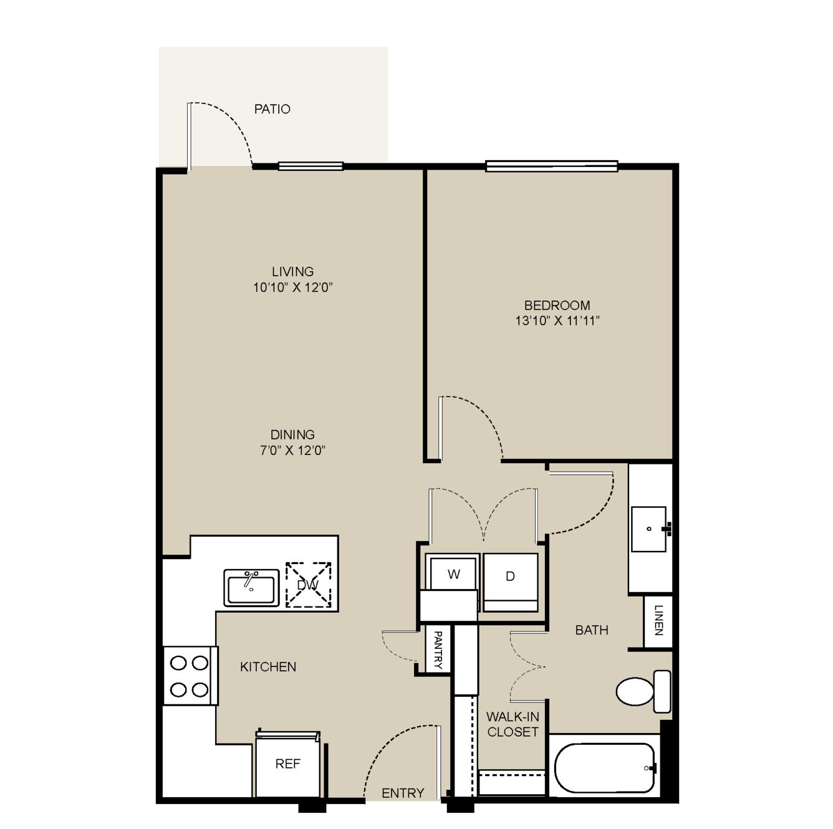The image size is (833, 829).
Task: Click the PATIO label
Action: pyautogui.click(x=272, y=109)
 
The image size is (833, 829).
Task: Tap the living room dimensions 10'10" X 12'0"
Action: pyautogui.click(x=292, y=287)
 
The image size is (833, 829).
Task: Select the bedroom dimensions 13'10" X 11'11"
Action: pyautogui.click(x=557, y=321)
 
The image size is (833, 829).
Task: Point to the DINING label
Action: pyautogui.click(x=292, y=434)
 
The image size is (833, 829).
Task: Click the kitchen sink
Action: pyautogui.click(x=251, y=588)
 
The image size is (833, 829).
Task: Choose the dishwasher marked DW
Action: pyautogui.click(x=308, y=585)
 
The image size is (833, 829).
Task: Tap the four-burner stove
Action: pyautogui.click(x=190, y=676)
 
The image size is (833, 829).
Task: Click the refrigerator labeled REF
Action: pyautogui.click(x=288, y=764)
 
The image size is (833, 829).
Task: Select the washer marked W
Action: pyautogui.click(x=453, y=573)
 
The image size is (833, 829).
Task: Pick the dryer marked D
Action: pyautogui.click(x=511, y=582)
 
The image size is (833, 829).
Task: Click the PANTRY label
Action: pyautogui.click(x=438, y=650)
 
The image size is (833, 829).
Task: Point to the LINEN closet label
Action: pyautogui.click(x=658, y=620)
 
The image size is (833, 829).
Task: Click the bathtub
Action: pyautogui.click(x=605, y=768)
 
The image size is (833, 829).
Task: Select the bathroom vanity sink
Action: pyautogui.click(x=650, y=529)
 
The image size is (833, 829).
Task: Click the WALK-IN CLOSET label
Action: pyautogui.click(x=513, y=724)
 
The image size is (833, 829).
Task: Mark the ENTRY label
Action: pyautogui.click(x=403, y=793)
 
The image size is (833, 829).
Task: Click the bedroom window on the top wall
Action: pyautogui.click(x=552, y=166)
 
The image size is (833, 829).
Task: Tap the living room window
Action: pyautogui.click(x=311, y=166)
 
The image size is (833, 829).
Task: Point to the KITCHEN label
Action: pyautogui.click(x=268, y=667)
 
